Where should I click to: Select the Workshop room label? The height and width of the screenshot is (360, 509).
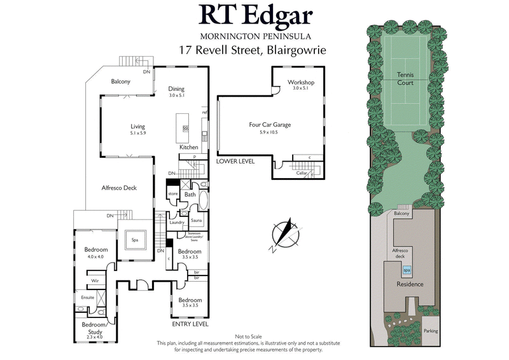(x=301, y=82)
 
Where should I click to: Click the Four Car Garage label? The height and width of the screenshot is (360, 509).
(x=269, y=125)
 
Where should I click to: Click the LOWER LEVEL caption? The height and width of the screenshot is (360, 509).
(x=235, y=162)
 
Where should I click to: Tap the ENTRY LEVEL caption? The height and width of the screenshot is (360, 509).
(x=191, y=324)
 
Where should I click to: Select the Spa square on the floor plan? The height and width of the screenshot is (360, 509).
(x=135, y=240)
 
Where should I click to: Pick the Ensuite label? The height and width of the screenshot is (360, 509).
(x=87, y=296)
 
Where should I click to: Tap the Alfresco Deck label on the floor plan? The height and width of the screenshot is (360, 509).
(x=119, y=188)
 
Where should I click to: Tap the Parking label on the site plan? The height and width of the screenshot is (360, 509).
(x=431, y=331)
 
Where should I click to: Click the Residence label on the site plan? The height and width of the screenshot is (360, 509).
(x=410, y=284)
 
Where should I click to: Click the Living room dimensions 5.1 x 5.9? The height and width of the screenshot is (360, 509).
(x=138, y=133)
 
